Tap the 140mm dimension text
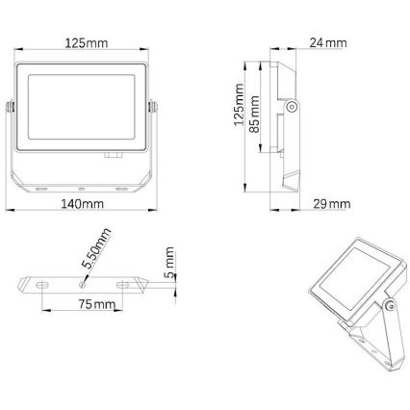[83, 204]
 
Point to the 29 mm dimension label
[331, 203]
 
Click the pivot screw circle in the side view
[289, 108]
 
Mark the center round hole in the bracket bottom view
[83, 283]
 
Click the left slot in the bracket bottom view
[43, 284]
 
